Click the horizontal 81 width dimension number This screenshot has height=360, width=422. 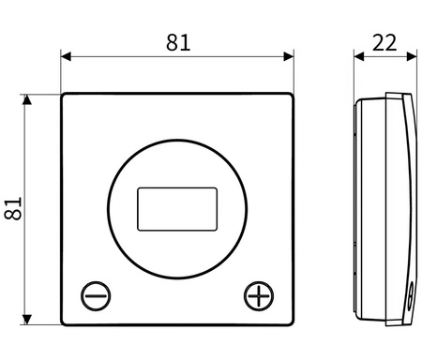point(178,42)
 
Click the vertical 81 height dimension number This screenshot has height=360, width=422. point(13,208)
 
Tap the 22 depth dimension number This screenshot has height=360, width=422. point(384,42)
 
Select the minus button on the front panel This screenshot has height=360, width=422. point(96,296)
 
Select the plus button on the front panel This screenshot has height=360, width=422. point(259,296)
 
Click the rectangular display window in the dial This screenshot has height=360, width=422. point(177,209)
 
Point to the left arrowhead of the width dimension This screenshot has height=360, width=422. point(66,56)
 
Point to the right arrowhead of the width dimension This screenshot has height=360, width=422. point(289,56)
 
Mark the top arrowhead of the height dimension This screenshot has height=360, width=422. point(27,99)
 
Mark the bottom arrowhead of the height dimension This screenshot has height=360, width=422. point(27,320)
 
